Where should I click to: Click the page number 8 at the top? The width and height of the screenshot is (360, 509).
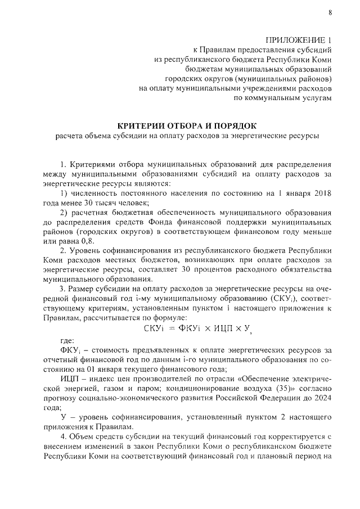coord(330,13)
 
